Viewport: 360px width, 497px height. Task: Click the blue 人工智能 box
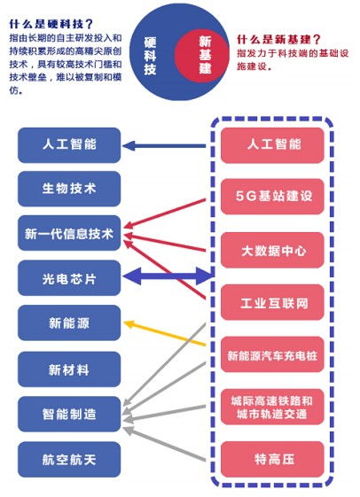69,145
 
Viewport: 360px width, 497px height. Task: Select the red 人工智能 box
272,145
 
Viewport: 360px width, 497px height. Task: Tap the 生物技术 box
69,189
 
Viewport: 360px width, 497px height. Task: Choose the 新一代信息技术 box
69,233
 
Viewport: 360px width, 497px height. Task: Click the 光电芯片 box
69,278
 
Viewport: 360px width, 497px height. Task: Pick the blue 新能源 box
69,322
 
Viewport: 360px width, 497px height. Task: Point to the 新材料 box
69,369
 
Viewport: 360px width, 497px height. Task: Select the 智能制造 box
69,414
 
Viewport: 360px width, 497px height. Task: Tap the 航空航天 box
69,460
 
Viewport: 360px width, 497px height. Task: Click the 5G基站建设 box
272,197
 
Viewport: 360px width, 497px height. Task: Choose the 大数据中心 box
272,250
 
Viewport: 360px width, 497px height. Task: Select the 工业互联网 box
272,302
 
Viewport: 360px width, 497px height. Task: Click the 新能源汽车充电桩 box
272,354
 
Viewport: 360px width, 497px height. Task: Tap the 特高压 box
272,459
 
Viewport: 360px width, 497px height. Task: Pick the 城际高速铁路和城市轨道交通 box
272,407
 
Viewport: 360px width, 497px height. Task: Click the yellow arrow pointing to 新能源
165,333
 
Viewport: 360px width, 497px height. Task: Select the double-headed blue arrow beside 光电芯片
167,276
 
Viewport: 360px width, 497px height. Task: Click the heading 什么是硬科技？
51,24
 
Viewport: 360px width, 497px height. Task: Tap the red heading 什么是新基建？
279,40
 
